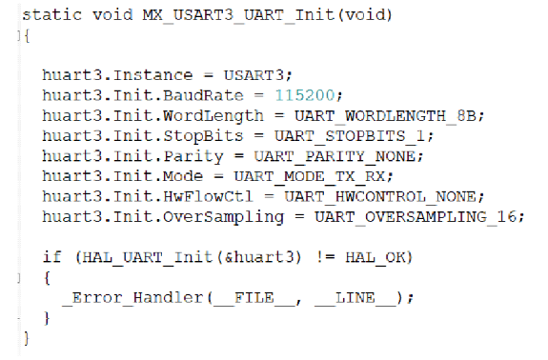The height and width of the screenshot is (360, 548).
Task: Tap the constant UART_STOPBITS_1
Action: click(x=347, y=135)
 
